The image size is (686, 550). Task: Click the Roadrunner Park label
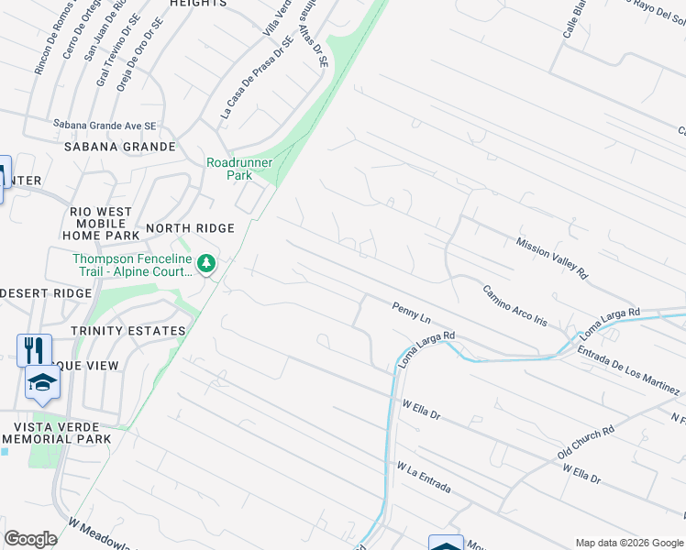click(240, 168)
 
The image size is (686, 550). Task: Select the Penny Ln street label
click(411, 313)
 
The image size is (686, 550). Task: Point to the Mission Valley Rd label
click(551, 258)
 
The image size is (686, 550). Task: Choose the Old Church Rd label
click(585, 442)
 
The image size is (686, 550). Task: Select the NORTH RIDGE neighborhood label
click(191, 228)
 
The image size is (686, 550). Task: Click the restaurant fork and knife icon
click(34, 349)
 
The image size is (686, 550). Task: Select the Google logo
click(30, 539)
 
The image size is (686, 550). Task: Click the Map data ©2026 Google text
click(629, 543)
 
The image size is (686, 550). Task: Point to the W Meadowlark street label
click(100, 534)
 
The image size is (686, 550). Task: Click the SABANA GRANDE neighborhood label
click(120, 147)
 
